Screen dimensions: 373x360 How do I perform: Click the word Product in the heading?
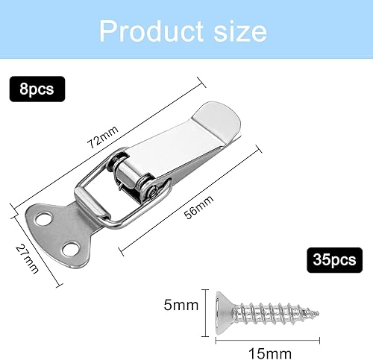151,31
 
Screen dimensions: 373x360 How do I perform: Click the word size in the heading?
240,31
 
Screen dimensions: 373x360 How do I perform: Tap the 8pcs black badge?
37,89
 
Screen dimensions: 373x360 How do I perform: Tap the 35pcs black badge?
334,260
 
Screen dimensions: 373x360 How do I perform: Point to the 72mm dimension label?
102,137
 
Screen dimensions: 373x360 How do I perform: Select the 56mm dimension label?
199,207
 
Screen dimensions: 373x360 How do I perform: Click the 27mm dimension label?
28,259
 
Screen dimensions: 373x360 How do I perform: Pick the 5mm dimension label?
181,305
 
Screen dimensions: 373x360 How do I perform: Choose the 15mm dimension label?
270,353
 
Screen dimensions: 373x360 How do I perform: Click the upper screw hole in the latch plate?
43,219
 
